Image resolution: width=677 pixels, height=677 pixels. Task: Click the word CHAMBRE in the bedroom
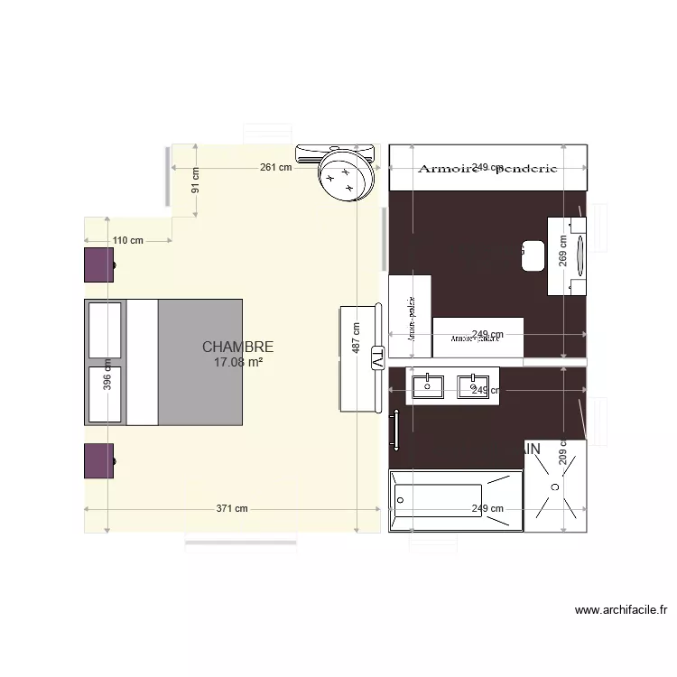pyautogui.click(x=237, y=347)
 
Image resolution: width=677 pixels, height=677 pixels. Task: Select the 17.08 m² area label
pyautogui.click(x=237, y=362)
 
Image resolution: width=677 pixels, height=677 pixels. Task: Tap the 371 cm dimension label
pyautogui.click(x=231, y=508)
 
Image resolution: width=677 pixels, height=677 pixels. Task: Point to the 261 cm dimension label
pyautogui.click(x=276, y=167)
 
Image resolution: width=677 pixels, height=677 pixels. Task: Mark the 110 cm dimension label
pyautogui.click(x=127, y=241)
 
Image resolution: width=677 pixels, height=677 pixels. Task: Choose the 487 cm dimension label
pyautogui.click(x=357, y=339)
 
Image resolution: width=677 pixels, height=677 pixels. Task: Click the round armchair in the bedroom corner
pyautogui.click(x=345, y=175)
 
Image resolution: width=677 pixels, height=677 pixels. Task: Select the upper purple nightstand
pyautogui.click(x=99, y=265)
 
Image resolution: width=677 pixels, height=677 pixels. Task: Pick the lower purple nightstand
pyautogui.click(x=99, y=460)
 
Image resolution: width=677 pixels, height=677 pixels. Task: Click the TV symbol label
pyautogui.click(x=377, y=358)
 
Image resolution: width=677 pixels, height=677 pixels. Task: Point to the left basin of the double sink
pyautogui.click(x=426, y=386)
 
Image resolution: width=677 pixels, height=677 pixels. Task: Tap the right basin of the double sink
pyautogui.click(x=471, y=386)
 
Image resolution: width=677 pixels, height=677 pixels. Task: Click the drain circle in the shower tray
pyautogui.click(x=555, y=486)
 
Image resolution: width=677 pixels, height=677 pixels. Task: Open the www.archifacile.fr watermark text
pyautogui.click(x=620, y=610)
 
